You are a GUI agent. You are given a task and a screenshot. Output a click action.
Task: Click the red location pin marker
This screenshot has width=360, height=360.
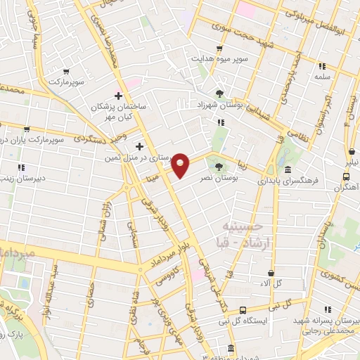coord(181,165)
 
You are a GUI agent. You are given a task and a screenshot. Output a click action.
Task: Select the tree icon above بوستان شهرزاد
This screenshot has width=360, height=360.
coord(219,94)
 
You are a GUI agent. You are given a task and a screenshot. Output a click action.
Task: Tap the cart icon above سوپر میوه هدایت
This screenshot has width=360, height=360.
coord(219,49)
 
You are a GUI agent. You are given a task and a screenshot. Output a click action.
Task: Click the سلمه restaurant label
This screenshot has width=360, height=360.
coord(323,75)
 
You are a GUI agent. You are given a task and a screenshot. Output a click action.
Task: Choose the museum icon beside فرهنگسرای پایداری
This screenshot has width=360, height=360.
coord(288,169)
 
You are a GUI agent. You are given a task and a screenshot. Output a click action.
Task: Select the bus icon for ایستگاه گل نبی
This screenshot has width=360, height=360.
coord(243,310)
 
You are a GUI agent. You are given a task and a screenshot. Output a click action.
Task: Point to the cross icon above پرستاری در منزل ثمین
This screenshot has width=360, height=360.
coord(139,147)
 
